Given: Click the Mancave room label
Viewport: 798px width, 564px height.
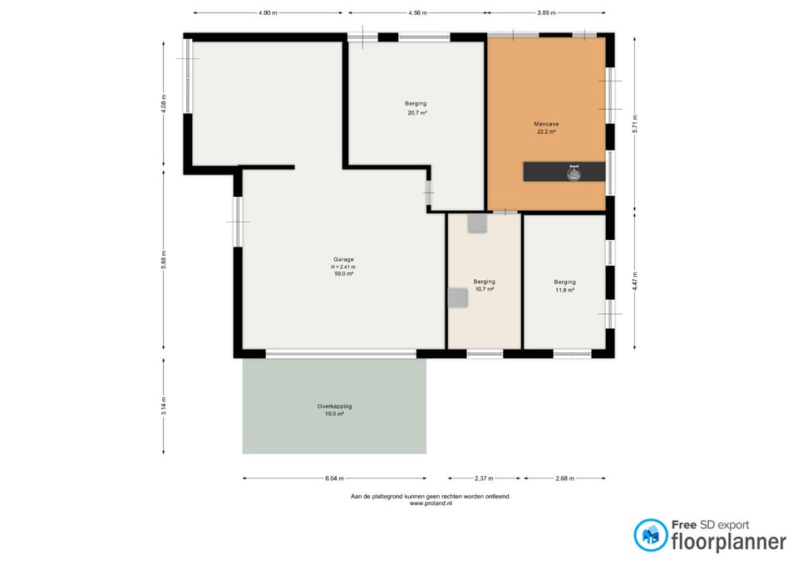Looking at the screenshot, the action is (x=546, y=124).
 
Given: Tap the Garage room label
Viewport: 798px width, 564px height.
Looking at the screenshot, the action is (x=343, y=259).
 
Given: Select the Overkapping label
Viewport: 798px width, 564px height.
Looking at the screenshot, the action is (x=334, y=406).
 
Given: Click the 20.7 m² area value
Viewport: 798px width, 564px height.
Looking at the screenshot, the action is (x=416, y=113).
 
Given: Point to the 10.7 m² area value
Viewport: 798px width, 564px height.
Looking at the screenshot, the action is (x=484, y=289).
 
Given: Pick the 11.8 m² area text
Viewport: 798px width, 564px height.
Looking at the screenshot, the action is (x=564, y=291).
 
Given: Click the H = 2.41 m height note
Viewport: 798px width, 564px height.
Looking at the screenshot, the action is (x=343, y=267).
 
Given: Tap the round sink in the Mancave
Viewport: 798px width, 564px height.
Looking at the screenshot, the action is (x=574, y=174).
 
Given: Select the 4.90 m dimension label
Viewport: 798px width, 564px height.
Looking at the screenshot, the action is (x=268, y=12).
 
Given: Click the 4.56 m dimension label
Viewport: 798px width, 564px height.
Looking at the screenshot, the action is (x=417, y=12).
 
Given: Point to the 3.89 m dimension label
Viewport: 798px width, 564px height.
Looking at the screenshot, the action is (x=546, y=12).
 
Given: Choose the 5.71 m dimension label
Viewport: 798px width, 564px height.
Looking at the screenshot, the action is (x=634, y=124).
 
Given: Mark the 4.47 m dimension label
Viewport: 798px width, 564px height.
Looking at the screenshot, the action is (x=634, y=282).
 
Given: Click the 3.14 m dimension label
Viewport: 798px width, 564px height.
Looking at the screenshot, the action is (x=164, y=406).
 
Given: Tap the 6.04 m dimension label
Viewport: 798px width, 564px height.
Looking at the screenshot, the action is (x=334, y=478).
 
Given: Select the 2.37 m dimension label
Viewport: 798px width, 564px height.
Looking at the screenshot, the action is (x=484, y=478).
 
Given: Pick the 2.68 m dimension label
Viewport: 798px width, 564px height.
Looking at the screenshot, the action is (x=565, y=478).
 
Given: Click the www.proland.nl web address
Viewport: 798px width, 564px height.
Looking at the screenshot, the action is (x=431, y=503).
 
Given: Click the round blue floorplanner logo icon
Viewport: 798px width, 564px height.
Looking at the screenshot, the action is (x=650, y=535).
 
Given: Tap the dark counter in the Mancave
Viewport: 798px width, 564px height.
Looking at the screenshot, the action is (x=564, y=172).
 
